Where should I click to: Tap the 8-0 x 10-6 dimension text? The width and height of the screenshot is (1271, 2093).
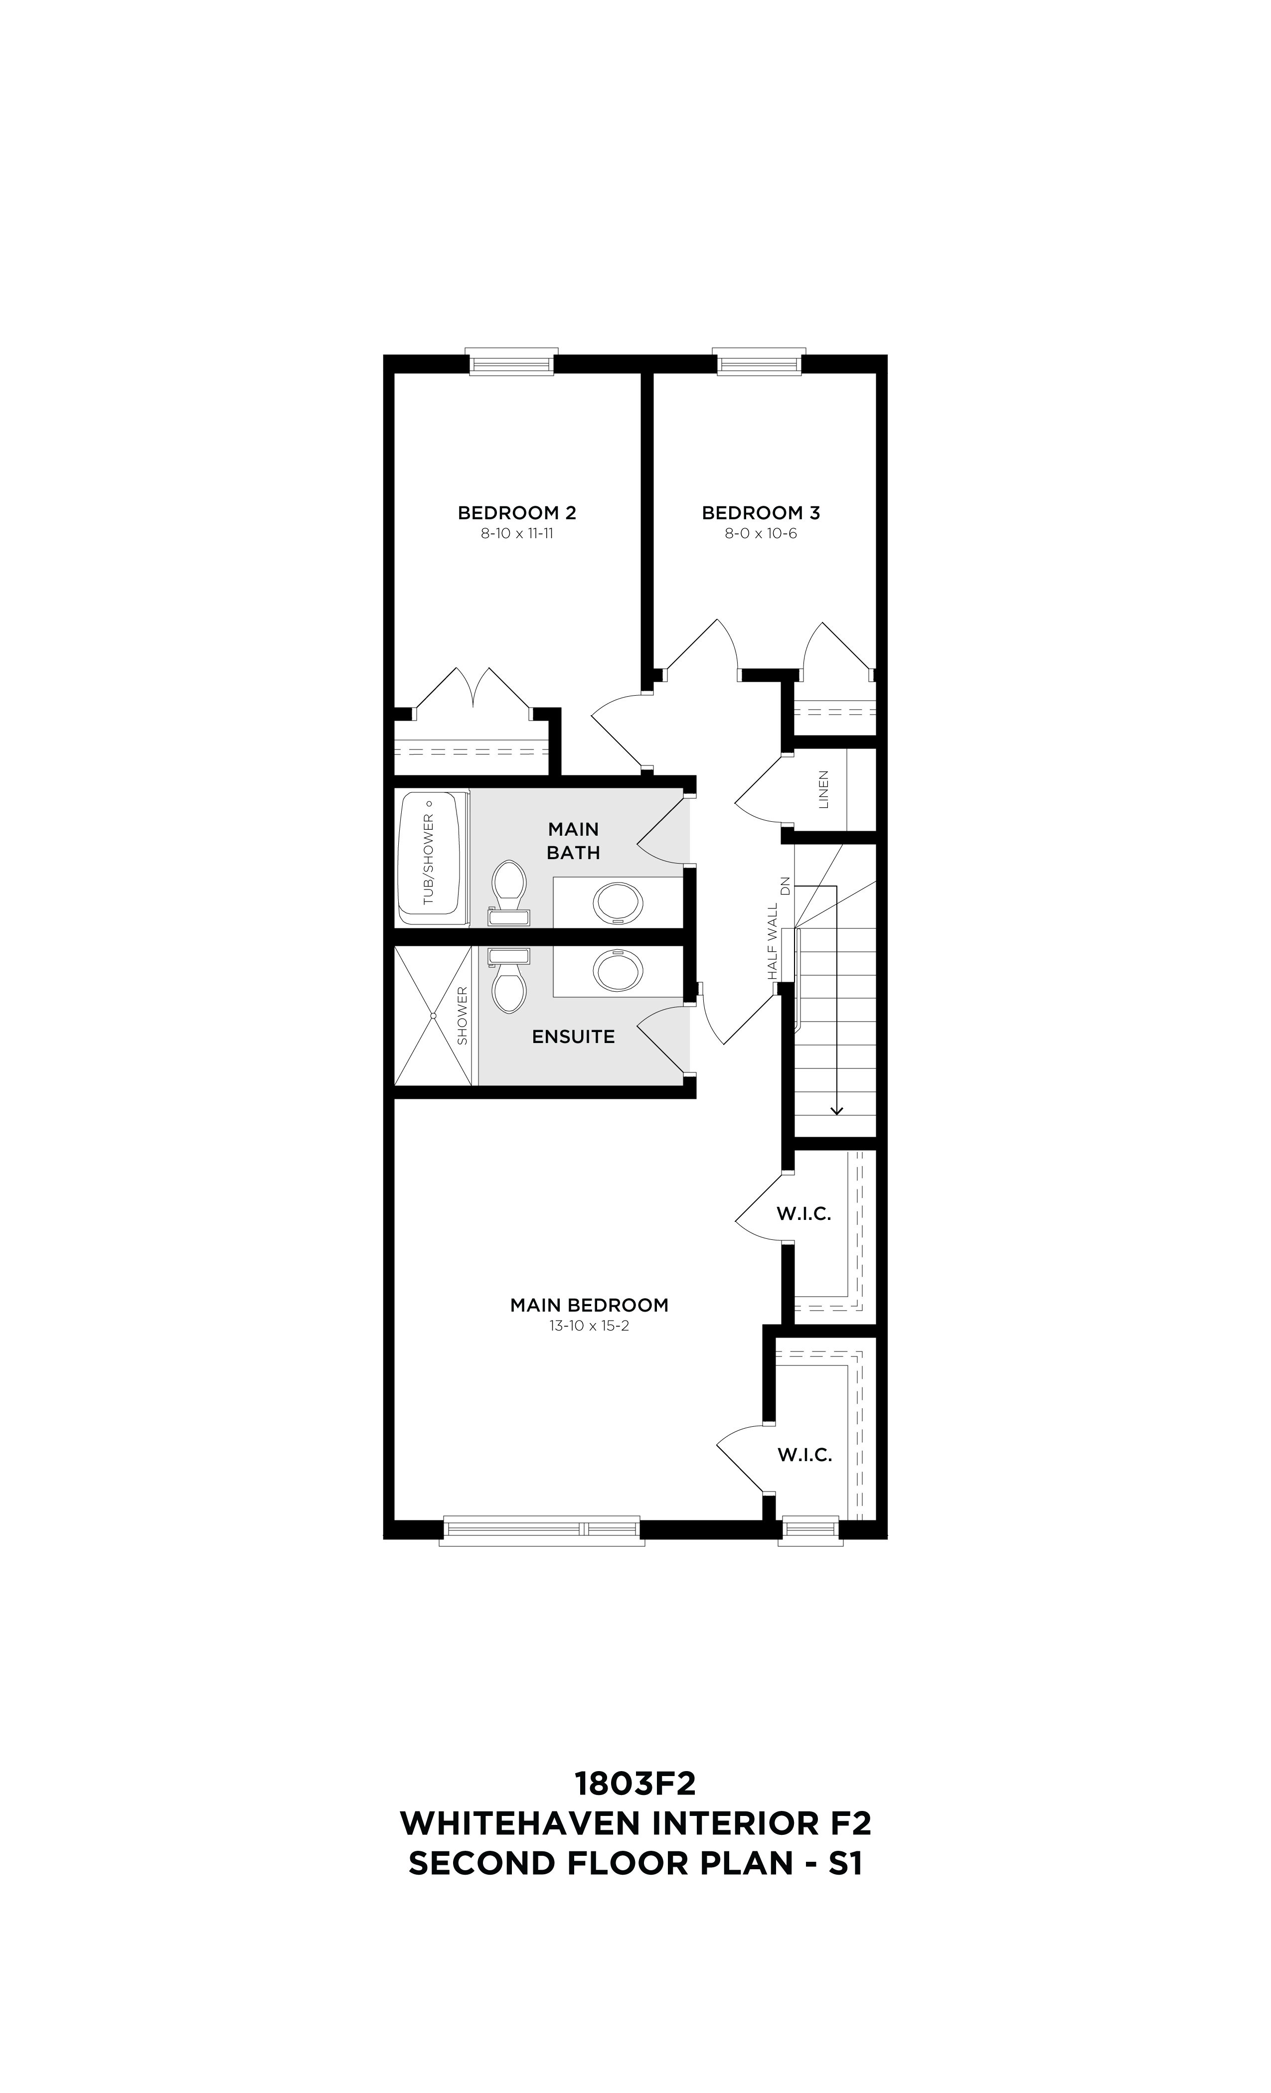(761, 534)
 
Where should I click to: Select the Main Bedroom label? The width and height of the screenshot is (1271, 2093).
(589, 1305)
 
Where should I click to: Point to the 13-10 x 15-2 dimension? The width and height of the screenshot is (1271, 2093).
(589, 1326)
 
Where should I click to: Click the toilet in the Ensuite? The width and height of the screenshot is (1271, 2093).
(509, 981)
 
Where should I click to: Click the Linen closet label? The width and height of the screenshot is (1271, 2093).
(822, 789)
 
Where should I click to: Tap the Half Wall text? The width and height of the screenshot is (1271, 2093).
(772, 941)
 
